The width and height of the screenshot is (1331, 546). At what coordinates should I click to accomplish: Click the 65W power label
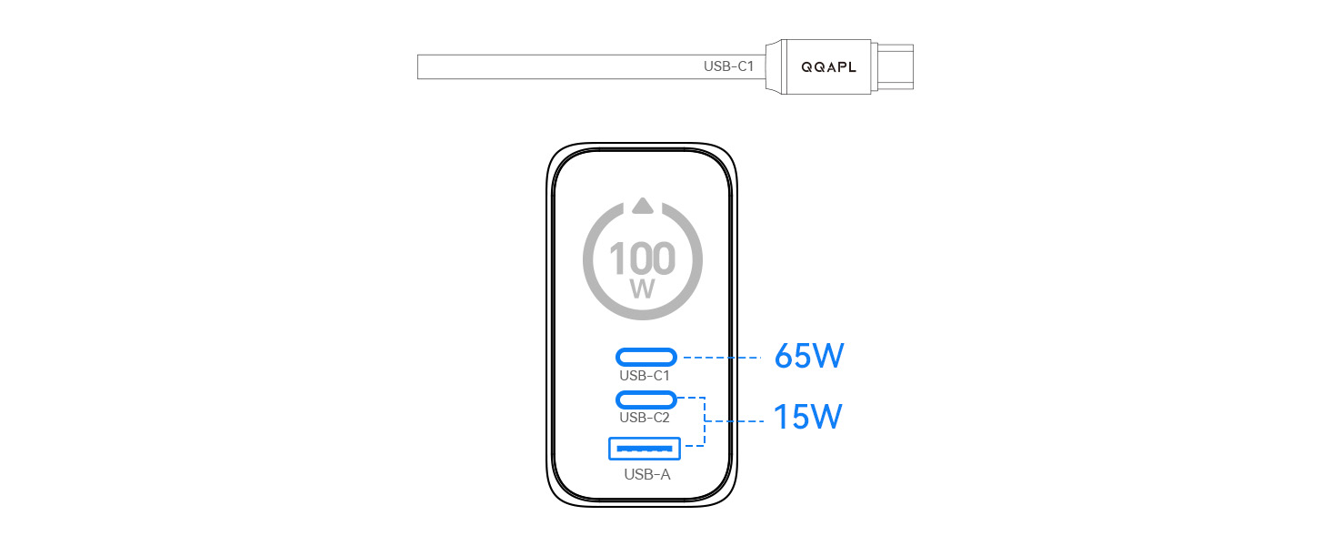[x=809, y=356]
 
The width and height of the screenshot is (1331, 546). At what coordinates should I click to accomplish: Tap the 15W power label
[x=807, y=417]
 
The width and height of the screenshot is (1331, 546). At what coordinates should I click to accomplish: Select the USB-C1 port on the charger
[x=645, y=357]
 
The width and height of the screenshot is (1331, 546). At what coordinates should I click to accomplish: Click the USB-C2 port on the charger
[x=645, y=399]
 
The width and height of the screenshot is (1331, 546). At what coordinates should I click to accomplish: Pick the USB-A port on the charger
[x=644, y=449]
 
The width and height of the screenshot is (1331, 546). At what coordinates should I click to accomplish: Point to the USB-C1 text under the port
[x=644, y=376]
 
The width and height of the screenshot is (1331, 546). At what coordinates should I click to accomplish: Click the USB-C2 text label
[x=644, y=418]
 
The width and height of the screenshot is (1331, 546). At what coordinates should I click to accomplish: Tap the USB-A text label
[x=647, y=474]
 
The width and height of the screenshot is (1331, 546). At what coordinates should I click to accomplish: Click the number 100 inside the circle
[x=643, y=258]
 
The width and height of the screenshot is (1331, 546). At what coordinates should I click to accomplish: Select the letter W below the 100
[x=643, y=289]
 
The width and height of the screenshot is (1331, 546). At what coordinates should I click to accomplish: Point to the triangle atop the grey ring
[x=643, y=206]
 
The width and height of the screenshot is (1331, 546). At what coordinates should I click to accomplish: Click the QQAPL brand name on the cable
[x=828, y=67]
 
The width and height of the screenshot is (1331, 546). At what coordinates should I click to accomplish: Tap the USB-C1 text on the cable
[x=728, y=66]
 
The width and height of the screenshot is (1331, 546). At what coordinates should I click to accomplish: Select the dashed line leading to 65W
[x=722, y=358]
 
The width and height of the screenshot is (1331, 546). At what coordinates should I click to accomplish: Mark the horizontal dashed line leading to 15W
[x=735, y=421]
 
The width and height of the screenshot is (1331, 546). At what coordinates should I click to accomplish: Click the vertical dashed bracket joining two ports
[x=705, y=421]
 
